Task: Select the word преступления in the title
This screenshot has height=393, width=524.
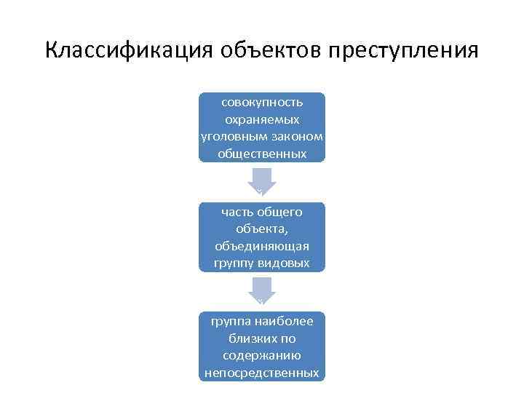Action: tap(403, 51)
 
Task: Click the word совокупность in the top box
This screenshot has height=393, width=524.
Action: tap(262, 101)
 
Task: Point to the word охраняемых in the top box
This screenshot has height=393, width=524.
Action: tap(262, 119)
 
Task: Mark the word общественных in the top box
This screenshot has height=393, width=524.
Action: tap(262, 154)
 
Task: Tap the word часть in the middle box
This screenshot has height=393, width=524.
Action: tap(235, 212)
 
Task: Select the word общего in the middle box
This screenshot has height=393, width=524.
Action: tap(279, 212)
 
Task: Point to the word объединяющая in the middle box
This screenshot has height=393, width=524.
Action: tap(262, 247)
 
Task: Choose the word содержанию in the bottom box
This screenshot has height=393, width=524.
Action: tap(262, 356)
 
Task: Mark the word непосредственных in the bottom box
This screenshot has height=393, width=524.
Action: tap(262, 373)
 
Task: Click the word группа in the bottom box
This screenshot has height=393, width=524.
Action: tap(228, 321)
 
